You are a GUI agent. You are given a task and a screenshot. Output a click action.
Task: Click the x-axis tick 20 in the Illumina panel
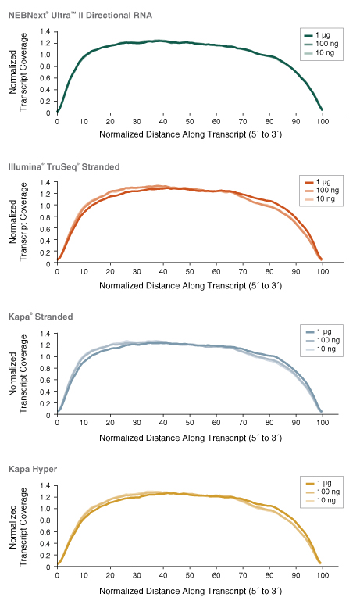pos(110,273)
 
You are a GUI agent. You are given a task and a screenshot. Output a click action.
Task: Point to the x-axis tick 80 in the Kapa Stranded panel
pos(269,424)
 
